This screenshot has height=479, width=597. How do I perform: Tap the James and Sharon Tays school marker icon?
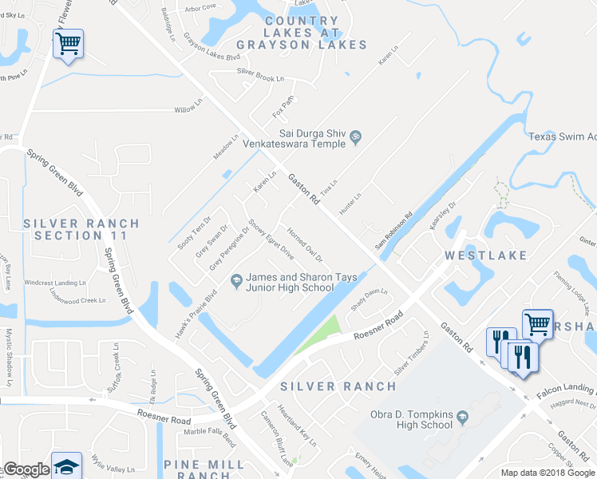coord(235,279)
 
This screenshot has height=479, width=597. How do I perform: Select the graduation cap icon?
coord(67,465)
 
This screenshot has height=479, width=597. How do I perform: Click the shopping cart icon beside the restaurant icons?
coord(537,323)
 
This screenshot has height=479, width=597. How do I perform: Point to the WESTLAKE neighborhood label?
coord(486,255)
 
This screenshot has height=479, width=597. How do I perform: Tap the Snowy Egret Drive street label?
coord(271,239)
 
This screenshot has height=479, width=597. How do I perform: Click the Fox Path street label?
coord(283,104)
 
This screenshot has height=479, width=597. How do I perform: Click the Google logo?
coord(26,470)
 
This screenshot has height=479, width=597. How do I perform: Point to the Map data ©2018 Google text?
coord(548,473)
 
